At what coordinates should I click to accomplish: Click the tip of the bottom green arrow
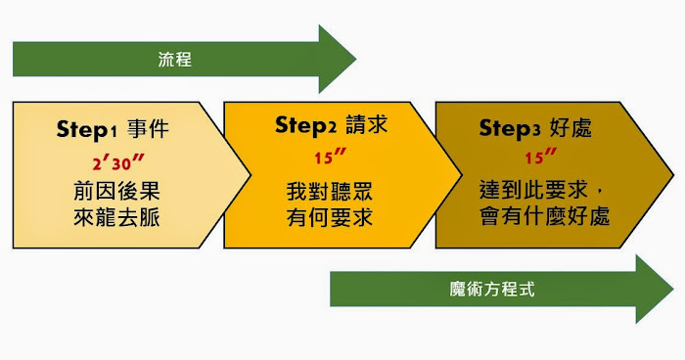pos(672,289)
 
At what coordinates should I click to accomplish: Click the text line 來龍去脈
pos(115,216)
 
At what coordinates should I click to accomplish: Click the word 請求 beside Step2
pos(363,126)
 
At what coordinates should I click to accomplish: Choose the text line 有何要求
pos(329,216)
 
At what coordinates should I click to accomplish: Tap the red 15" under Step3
pos(541,157)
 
